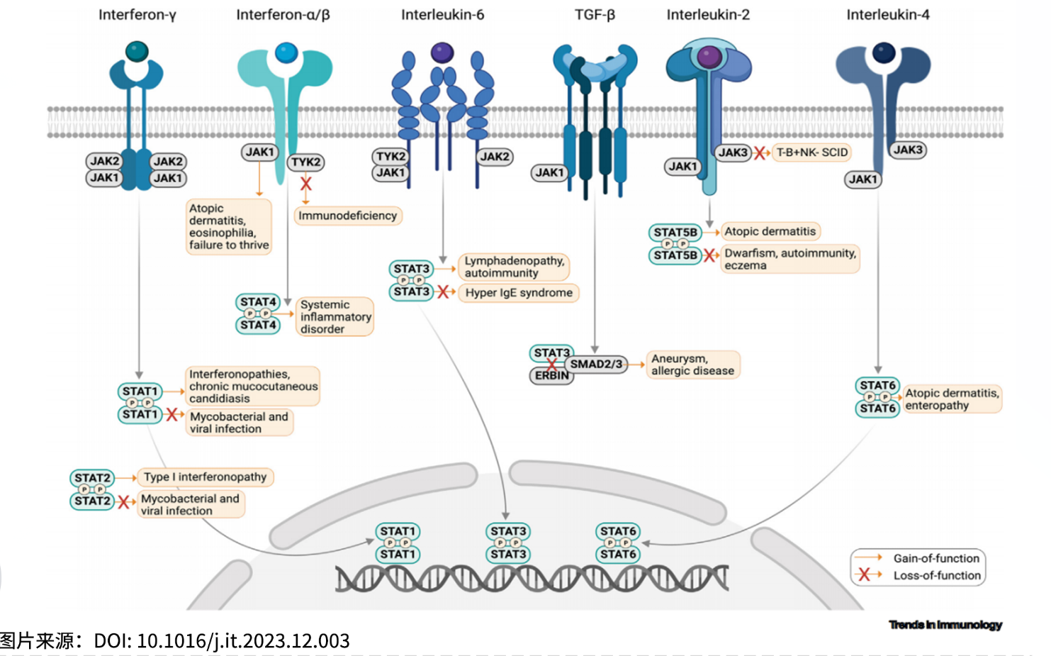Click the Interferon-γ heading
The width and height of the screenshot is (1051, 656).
(x=137, y=15)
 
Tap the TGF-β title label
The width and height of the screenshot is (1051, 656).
(x=595, y=15)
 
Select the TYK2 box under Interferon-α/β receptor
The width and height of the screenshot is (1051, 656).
(x=306, y=162)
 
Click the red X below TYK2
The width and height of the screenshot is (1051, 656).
(x=306, y=183)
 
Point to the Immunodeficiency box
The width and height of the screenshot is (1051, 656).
(x=348, y=216)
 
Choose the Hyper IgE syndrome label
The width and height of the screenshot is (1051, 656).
(x=519, y=293)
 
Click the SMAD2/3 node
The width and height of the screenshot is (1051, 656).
(x=596, y=365)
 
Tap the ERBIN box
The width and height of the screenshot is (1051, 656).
(x=552, y=376)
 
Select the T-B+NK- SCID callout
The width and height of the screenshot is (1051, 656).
(x=811, y=152)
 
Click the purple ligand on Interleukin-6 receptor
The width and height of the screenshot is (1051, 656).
(x=442, y=52)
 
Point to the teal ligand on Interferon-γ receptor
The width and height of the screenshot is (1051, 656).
(x=137, y=51)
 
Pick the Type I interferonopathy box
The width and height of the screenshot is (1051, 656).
(x=205, y=477)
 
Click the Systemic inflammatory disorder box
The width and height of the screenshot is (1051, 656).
(x=335, y=316)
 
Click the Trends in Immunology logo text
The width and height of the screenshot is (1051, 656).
(x=945, y=625)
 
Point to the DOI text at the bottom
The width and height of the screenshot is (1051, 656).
(x=221, y=640)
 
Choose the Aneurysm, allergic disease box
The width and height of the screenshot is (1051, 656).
(x=693, y=365)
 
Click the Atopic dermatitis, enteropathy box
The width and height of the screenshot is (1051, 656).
(x=952, y=399)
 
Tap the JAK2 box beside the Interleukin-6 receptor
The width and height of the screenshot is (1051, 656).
(x=495, y=157)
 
